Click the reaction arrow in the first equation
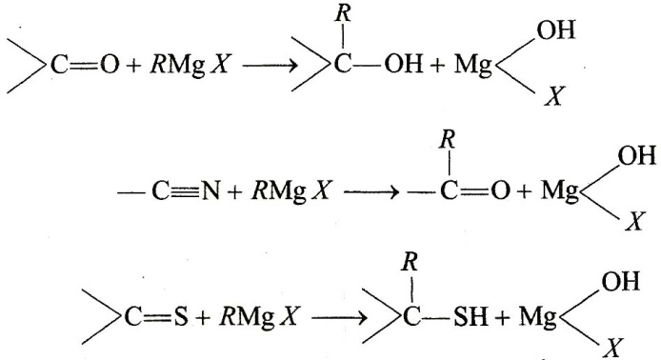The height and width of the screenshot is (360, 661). pos(270,66)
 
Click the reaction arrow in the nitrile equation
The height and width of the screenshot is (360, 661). pos(371,192)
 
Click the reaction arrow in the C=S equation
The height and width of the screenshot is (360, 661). pos(340,318)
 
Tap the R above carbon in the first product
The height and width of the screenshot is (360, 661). pos(343,14)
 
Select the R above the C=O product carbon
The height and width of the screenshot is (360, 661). pos(448,140)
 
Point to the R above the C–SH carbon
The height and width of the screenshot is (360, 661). pos(410,262)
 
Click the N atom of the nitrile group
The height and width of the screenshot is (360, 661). pos(210,191)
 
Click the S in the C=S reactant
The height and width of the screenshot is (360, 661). pos(180,317)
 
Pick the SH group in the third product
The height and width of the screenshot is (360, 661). pos(471,316)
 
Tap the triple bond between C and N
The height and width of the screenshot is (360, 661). pos(184,192)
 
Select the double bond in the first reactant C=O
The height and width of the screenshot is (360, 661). pos(84,66)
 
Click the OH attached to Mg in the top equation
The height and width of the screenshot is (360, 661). pos(556,30)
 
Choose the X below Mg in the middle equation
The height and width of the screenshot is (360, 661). pos(635,221)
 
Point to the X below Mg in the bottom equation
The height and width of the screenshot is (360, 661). pos(613,349)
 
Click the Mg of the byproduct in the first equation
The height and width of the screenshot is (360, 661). pos(473,67)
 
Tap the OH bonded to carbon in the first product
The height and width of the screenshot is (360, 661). pos(404,66)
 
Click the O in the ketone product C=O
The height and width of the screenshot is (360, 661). pos(500,191)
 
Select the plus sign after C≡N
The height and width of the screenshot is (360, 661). pos(235,192)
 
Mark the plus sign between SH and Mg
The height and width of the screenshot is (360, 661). pos(503,317)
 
